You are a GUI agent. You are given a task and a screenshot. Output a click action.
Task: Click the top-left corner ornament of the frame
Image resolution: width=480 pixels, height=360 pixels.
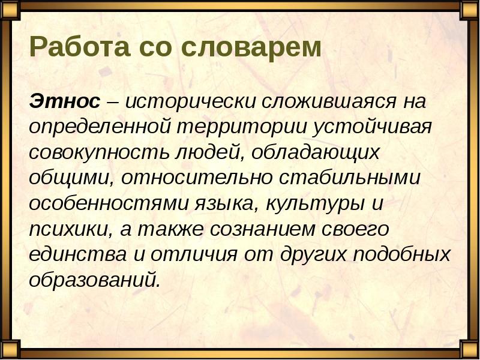tap(11, 10)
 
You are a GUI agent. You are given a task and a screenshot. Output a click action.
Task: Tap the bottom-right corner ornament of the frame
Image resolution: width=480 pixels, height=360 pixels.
tap(469, 350)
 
